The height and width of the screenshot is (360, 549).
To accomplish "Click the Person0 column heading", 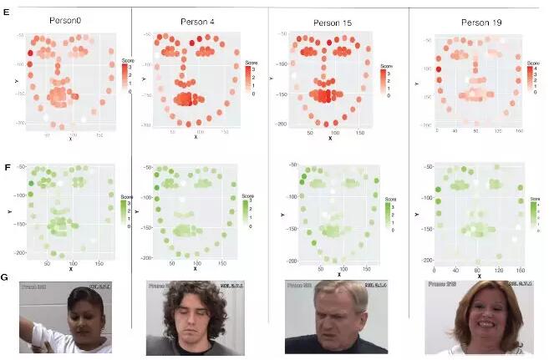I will point(70,19).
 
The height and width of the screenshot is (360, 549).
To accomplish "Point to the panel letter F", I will point(7,166).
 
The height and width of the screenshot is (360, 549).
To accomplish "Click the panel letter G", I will point(7,276).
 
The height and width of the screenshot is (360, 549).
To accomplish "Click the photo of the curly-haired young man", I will point(197,317).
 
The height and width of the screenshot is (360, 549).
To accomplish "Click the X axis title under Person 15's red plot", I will point(330,137).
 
